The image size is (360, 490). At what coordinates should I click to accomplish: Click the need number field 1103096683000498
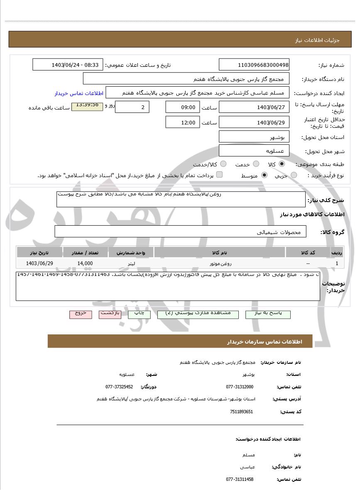[x=254, y=65]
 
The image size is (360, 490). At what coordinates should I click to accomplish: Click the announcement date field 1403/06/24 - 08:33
[x=67, y=65]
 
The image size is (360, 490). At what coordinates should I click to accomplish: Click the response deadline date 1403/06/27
[x=254, y=107]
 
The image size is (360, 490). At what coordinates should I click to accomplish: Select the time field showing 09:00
[x=182, y=107]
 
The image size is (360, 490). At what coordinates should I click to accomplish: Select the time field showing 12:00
[x=182, y=122]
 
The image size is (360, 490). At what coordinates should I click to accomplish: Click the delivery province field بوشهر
[x=254, y=137]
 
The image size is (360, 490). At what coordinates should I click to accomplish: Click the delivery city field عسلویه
[x=254, y=151]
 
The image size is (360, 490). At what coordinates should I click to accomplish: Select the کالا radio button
[x=282, y=164]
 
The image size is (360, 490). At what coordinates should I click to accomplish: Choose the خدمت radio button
[x=256, y=164]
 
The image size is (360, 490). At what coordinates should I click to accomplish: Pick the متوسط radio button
[x=264, y=175]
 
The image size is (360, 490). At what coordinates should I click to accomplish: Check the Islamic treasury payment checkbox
[x=219, y=175]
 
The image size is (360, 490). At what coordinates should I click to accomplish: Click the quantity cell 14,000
[x=85, y=263]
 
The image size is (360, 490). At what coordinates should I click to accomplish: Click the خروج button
[x=81, y=314]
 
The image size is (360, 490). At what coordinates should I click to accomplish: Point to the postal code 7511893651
[x=241, y=412]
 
